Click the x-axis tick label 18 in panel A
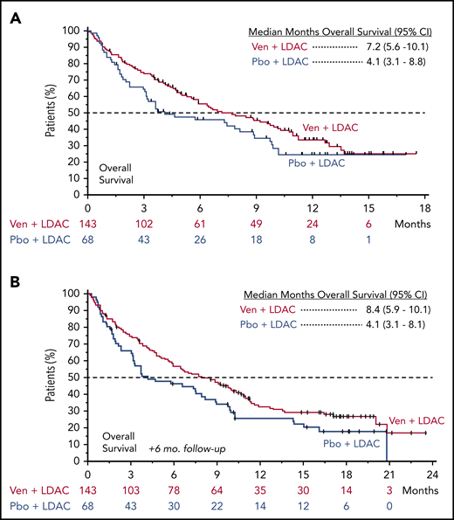coord(424,210)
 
